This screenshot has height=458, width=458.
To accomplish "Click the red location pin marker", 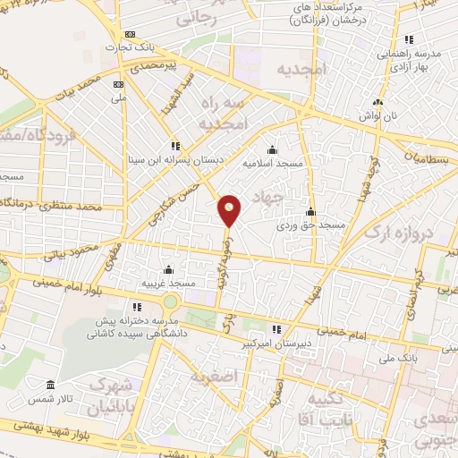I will (x=230, y=210).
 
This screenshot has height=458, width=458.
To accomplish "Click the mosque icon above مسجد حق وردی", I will (x=310, y=212).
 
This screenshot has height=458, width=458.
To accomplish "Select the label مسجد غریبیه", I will (x=167, y=284).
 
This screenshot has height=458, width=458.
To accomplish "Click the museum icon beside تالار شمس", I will (x=49, y=386).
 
